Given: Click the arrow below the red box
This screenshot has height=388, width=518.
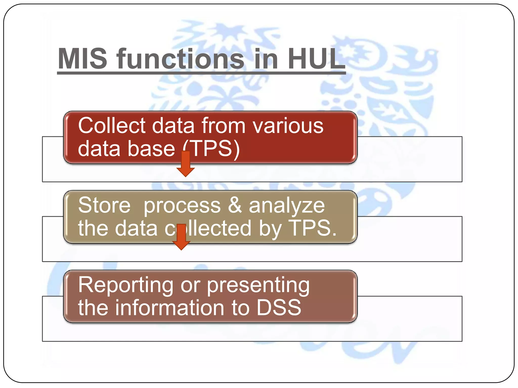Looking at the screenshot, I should [186, 164].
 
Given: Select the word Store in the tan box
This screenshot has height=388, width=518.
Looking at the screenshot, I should [104, 205].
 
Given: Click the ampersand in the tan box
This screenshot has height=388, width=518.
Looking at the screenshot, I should [235, 205].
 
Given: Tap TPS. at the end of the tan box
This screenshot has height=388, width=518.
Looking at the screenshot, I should [313, 228].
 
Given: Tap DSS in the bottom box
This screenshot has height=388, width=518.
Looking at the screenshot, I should [279, 308].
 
